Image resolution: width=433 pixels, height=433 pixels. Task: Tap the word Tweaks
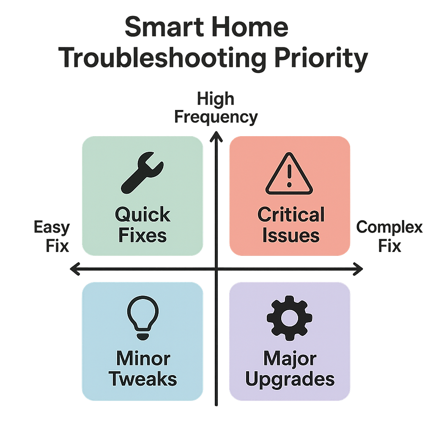coord(143,379)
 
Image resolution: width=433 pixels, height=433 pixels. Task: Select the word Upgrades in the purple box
coord(290,379)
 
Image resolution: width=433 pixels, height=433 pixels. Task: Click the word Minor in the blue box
coord(143,359)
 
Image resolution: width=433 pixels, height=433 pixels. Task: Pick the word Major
coord(290,359)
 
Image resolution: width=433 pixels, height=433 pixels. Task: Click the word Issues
coord(290,236)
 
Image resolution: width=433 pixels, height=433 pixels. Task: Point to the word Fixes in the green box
coord(143,236)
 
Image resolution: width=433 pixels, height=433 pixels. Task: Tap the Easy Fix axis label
coord(52,236)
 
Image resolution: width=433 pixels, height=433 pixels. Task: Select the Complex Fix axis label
coord(389,236)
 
